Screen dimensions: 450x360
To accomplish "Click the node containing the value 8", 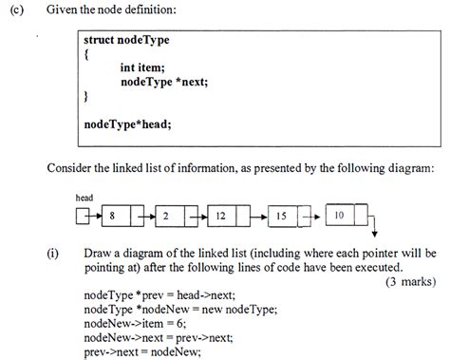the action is (x=122, y=216).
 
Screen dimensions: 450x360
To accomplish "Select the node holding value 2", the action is (x=177, y=216).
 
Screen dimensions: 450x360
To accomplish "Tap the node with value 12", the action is (x=229, y=216).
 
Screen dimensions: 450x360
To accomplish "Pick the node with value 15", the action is (x=290, y=217).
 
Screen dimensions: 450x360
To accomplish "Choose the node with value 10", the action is (x=347, y=215).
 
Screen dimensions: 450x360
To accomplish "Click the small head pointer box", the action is (x=83, y=216).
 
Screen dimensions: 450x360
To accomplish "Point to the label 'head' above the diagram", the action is (x=84, y=198).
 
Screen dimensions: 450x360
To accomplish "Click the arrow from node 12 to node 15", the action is (x=258, y=217).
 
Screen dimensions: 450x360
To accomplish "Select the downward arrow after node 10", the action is (x=374, y=225).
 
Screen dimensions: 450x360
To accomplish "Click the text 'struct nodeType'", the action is (x=126, y=40).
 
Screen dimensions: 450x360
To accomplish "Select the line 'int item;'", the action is (x=142, y=67).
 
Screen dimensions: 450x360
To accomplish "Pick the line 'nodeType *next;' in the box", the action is (x=164, y=82).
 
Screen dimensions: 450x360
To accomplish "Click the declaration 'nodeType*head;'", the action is (x=127, y=124).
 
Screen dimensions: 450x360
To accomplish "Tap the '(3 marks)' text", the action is (x=410, y=281).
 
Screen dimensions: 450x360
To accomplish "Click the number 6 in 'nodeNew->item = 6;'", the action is (x=179, y=323).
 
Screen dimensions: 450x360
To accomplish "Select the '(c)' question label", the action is (x=17, y=9).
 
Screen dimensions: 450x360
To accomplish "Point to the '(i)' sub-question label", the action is (x=53, y=254).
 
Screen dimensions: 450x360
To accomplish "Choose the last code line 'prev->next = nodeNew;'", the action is (x=142, y=351).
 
